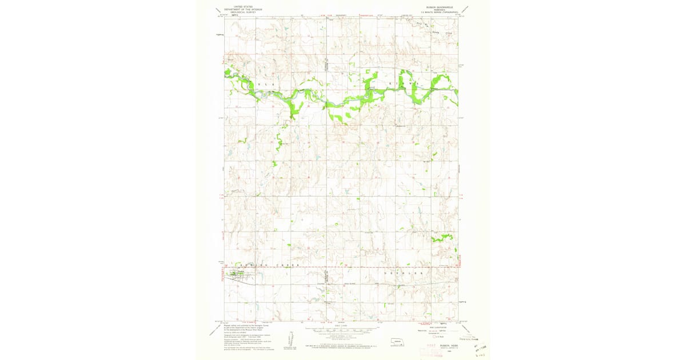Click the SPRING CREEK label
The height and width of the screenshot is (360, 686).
point(257,266)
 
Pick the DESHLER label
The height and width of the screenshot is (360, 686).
point(400,274)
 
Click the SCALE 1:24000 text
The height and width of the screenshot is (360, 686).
point(342,326)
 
